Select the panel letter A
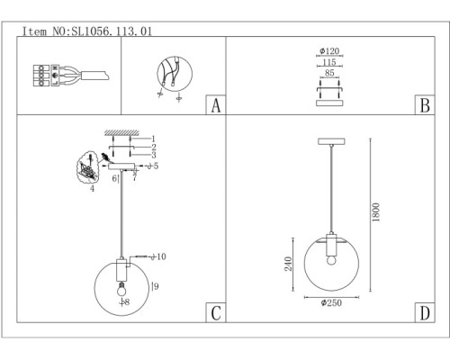[214, 104]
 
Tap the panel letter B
[420, 104]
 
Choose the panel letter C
[214, 313]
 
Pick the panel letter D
[420, 313]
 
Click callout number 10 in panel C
[160, 256]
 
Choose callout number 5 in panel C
[155, 166]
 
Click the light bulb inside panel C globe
[119, 290]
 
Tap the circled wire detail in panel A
[169, 75]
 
